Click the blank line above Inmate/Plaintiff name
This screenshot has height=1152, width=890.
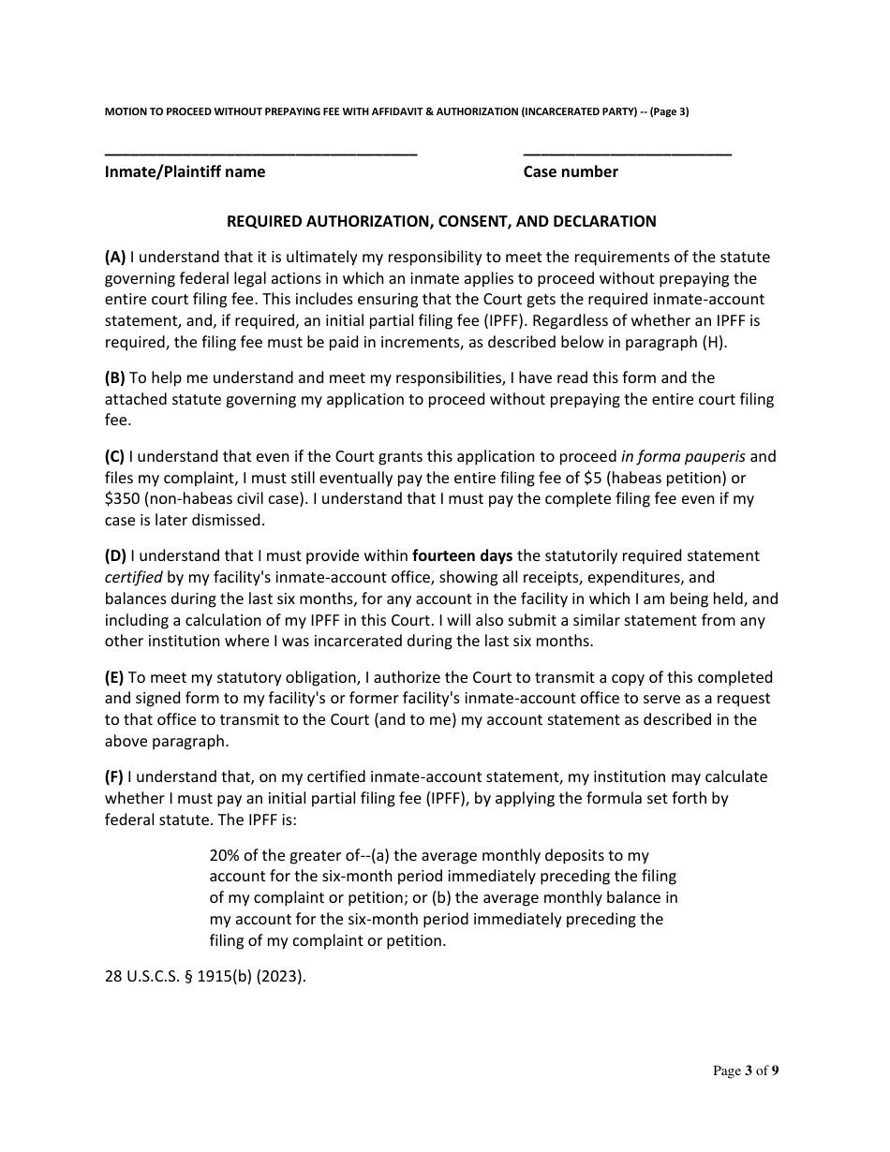tap(260, 153)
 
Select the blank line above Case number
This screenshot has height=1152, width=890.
tap(627, 153)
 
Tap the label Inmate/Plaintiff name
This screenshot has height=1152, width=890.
tap(185, 171)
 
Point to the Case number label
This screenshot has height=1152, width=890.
tap(571, 171)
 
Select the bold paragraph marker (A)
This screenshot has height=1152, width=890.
tap(115, 258)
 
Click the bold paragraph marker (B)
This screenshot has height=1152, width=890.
tap(114, 378)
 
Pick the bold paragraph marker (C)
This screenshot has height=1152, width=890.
tap(114, 457)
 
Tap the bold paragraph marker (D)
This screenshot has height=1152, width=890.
tap(115, 556)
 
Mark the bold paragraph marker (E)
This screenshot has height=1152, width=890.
tap(114, 677)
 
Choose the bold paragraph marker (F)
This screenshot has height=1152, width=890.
tap(113, 776)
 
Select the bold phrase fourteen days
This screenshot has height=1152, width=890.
tap(463, 556)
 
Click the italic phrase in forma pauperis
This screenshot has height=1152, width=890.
tap(683, 457)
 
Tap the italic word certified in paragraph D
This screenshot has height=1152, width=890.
tap(133, 577)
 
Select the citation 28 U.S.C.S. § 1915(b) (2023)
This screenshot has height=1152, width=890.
tap(206, 975)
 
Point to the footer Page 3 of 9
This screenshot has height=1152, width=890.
tap(746, 1071)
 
